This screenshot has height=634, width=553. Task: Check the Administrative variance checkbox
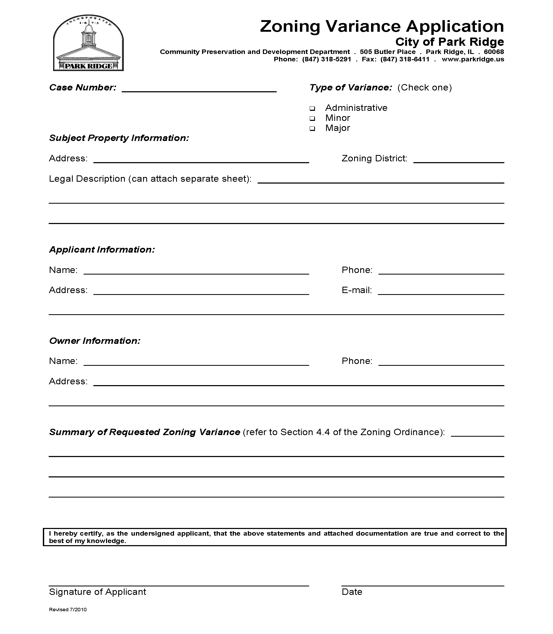coord(312,108)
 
